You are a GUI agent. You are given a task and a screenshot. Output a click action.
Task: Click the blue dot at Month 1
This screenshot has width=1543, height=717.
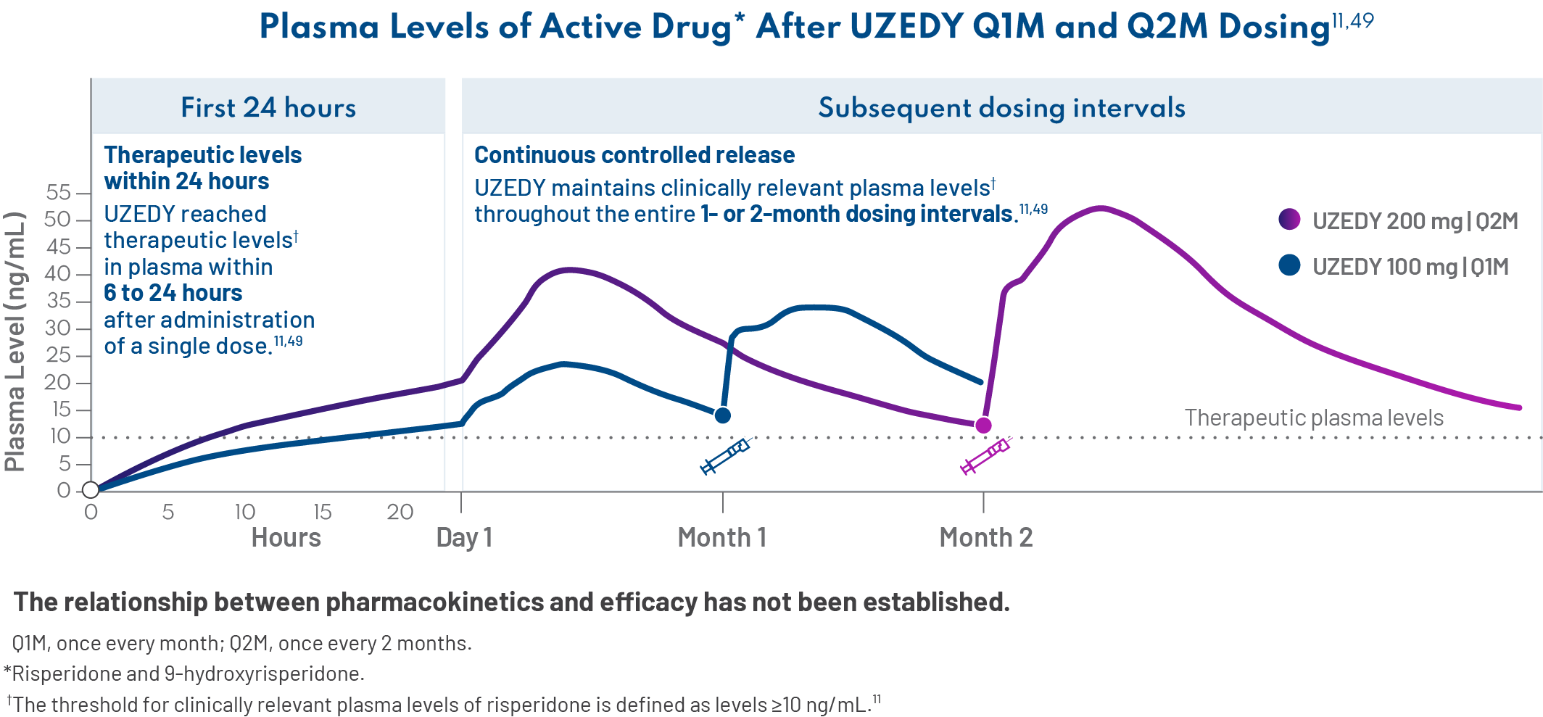pyautogui.click(x=722, y=415)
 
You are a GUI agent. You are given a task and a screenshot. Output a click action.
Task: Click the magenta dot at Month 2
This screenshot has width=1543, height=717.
pyautogui.click(x=983, y=426)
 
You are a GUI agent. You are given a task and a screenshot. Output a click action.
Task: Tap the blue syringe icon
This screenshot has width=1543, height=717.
pyautogui.click(x=724, y=457)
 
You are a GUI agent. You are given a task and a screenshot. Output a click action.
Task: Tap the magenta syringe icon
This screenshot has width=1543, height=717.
pyautogui.click(x=985, y=457)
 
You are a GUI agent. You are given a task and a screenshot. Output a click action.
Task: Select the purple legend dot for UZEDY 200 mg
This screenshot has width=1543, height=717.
pyautogui.click(x=1289, y=219)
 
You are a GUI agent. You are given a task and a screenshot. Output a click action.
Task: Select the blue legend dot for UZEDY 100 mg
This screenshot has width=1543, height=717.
pyautogui.click(x=1289, y=265)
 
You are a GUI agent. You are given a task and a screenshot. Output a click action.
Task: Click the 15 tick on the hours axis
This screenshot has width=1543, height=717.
pyautogui.click(x=322, y=512)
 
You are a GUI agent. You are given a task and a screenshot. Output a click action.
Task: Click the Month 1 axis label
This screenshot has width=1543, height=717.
pyautogui.click(x=721, y=537)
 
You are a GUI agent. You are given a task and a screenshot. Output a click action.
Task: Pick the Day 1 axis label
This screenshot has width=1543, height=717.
pyautogui.click(x=464, y=537)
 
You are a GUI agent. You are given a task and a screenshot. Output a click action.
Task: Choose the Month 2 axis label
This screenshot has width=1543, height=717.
pyautogui.click(x=985, y=537)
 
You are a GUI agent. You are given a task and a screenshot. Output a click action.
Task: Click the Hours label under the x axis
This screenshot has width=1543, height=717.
pyautogui.click(x=286, y=537)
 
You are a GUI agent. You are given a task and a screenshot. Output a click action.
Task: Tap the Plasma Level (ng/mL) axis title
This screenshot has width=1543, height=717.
pyautogui.click(x=15, y=341)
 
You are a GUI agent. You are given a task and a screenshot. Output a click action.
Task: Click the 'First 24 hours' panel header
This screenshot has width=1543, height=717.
pyautogui.click(x=268, y=107)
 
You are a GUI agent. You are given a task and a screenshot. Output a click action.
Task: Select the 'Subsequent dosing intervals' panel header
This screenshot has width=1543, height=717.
pyautogui.click(x=1001, y=107)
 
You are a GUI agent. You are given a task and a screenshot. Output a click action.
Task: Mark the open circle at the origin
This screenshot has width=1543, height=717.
pyautogui.click(x=91, y=490)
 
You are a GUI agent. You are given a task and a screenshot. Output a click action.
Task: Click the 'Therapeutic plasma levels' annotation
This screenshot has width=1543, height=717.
pyautogui.click(x=1313, y=418)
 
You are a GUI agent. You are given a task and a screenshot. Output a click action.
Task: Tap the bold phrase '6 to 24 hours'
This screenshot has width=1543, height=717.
pyautogui.click(x=173, y=293)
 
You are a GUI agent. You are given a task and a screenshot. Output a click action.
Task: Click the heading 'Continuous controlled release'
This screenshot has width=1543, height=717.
pyautogui.click(x=634, y=155)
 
